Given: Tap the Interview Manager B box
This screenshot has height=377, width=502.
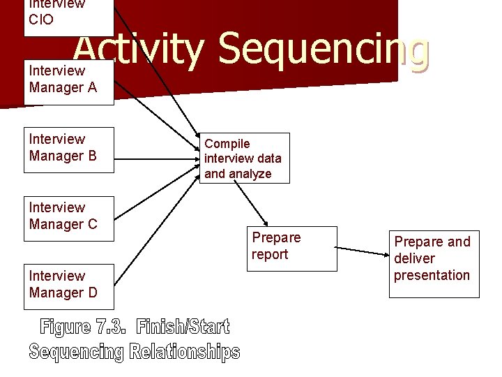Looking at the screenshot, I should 68,148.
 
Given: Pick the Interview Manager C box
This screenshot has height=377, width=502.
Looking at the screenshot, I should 68,216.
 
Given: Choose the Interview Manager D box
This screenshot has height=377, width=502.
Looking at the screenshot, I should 68,285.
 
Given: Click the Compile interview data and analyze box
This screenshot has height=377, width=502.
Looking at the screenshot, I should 245,158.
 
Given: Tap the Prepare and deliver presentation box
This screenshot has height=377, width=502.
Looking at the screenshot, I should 434,263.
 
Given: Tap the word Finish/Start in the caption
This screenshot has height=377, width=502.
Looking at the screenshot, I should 183,327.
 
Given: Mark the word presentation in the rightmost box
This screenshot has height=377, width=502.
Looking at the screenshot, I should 432,275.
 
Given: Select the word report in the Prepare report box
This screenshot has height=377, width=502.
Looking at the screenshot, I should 270,255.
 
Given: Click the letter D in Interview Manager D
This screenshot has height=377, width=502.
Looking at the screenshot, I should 93,293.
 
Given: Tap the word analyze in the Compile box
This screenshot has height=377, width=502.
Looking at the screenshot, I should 250,174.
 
